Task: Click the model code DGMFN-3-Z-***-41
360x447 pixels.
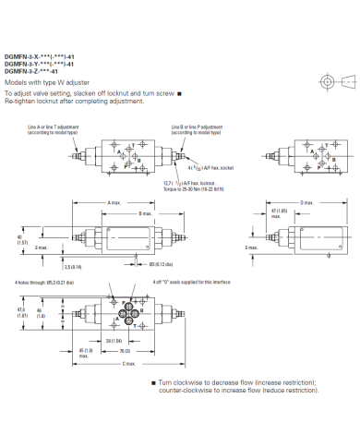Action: (x=31, y=71)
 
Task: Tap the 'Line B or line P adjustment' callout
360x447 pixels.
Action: (x=198, y=126)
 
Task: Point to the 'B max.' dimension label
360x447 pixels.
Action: (x=145, y=213)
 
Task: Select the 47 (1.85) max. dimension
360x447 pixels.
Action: (x=270, y=213)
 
